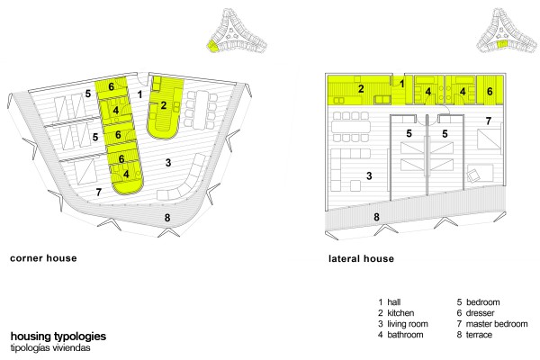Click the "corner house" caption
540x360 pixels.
click(42, 259)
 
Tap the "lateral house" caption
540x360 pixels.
click(361, 259)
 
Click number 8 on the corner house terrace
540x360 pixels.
click(166, 217)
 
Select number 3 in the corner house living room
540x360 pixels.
click(168, 163)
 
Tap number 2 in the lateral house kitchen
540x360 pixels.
click(359, 89)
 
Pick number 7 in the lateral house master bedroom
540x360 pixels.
click(487, 121)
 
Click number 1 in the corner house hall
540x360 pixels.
click(139, 93)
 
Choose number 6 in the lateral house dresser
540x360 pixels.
click(490, 91)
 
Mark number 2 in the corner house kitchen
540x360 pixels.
click(163, 105)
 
